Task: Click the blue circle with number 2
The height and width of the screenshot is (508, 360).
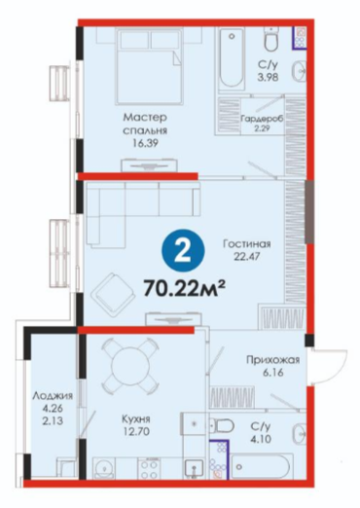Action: [x=183, y=251]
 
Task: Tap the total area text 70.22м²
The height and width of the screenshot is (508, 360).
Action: [x=185, y=288]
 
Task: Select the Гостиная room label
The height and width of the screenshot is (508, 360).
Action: [x=247, y=243]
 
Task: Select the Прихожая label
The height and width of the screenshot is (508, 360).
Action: [x=272, y=360]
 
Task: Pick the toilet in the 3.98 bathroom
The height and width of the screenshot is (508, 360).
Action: [x=270, y=39]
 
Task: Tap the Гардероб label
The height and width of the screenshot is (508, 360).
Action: [x=262, y=119]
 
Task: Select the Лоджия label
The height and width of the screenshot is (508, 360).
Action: [x=53, y=396]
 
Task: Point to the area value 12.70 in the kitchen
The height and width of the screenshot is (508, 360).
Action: [x=136, y=431]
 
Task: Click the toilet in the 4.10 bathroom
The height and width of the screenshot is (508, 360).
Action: [x=222, y=425]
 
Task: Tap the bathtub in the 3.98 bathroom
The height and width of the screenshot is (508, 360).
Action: [x=232, y=58]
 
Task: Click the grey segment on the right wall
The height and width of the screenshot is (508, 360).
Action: [x=309, y=211]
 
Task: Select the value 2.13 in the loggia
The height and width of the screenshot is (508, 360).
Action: [x=53, y=420]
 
